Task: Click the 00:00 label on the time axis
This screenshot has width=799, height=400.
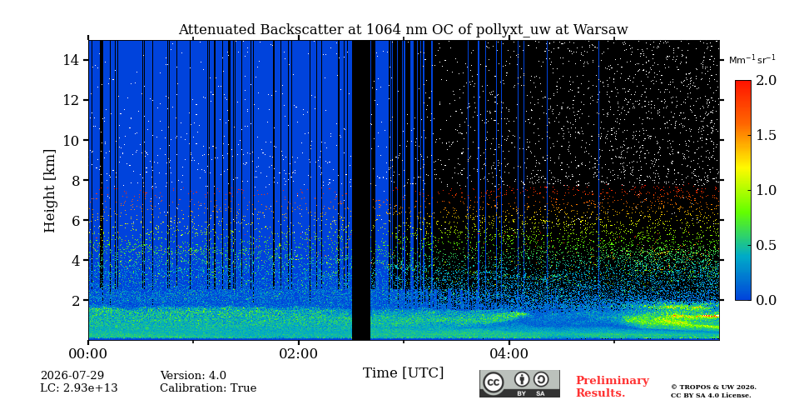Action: (89, 353)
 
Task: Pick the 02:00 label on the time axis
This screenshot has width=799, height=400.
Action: (299, 353)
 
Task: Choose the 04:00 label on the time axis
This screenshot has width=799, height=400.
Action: (509, 353)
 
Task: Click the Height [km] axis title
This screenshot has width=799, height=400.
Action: (49, 191)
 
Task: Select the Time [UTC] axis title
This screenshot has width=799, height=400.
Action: (403, 372)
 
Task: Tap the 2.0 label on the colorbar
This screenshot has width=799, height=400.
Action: (766, 81)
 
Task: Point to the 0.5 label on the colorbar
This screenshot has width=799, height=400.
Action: (766, 245)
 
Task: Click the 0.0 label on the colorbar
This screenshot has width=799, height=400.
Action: (766, 300)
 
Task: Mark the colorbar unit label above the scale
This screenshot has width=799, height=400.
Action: (752, 60)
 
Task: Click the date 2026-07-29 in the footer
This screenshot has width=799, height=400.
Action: (72, 376)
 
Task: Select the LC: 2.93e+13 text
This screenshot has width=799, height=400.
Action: (79, 388)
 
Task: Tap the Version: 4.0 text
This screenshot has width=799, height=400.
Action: (193, 376)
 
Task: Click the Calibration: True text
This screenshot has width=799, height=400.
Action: (208, 388)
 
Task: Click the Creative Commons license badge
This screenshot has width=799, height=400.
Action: (519, 383)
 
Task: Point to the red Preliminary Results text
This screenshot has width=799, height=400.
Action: (613, 387)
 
